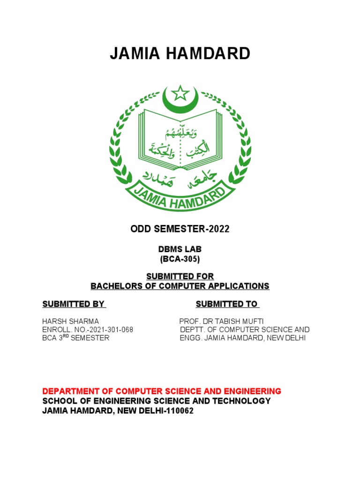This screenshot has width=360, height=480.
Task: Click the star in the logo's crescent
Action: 180,93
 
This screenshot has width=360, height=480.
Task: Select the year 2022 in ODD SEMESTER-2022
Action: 220,229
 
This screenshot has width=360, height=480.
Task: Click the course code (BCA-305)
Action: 180,259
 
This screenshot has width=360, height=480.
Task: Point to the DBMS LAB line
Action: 180,250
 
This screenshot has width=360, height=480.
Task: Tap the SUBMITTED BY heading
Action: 74,304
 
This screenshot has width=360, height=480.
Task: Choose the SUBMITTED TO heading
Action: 227,304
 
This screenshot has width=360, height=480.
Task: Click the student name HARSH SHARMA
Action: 71,321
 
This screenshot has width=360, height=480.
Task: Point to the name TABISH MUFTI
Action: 244,321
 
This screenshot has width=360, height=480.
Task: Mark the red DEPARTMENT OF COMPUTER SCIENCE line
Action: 162,391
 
